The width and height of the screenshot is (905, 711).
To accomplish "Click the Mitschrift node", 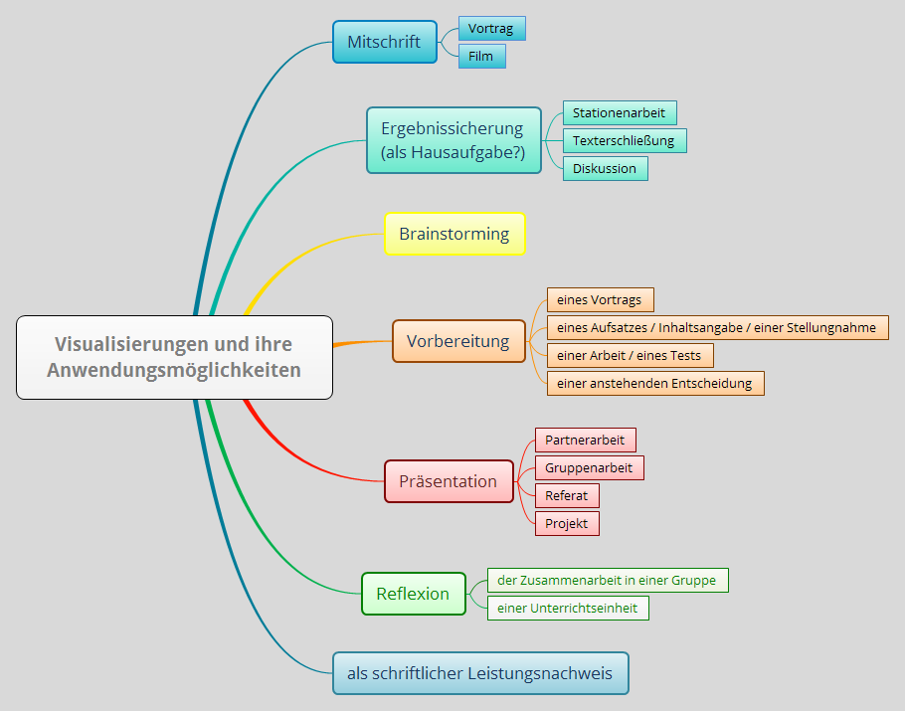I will (x=384, y=42).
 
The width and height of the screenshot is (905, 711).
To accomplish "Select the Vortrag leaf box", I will (x=491, y=29).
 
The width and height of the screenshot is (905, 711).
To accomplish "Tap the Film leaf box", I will (x=481, y=56).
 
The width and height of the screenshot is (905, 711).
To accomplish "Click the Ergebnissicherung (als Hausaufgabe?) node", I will (x=453, y=140).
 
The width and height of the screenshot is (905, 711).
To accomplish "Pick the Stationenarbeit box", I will (x=619, y=112).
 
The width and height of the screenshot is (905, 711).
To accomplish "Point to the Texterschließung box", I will (x=624, y=140).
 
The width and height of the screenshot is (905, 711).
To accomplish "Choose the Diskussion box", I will (x=605, y=168).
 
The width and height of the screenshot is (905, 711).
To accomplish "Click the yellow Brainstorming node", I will (x=453, y=234).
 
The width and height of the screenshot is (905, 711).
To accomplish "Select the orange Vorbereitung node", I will (x=457, y=341).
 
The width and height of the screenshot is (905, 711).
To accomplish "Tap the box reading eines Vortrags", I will (x=600, y=299).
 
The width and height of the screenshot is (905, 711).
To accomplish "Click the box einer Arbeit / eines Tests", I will (x=630, y=355).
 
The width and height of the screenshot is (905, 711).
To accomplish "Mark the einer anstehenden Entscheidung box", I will (x=654, y=383).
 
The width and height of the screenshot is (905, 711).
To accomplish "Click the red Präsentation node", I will (x=449, y=481).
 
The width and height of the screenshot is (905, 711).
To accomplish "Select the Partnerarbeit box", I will (x=585, y=440).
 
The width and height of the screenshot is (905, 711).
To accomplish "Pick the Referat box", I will (x=567, y=495).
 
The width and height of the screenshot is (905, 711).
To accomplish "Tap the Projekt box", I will (x=567, y=523).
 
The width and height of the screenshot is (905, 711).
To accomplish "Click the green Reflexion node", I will (x=413, y=594).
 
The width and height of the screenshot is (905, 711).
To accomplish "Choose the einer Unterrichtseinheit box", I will (x=568, y=608).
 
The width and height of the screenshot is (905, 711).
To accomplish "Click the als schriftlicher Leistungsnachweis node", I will (x=479, y=673).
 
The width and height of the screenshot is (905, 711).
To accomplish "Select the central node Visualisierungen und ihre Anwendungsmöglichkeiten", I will (x=174, y=357).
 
